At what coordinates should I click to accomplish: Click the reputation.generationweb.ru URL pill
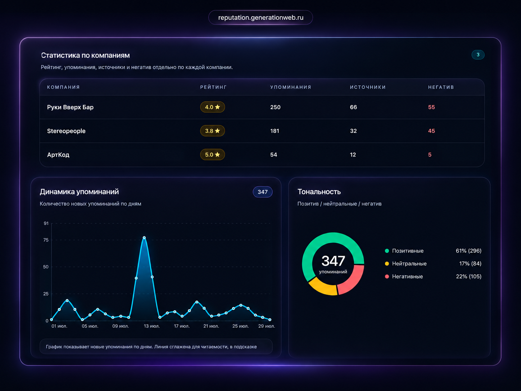coord(260,17)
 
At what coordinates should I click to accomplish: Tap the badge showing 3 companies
coord(478,55)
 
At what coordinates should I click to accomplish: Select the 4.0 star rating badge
coord(212,107)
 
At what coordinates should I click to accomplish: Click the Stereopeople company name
coord(66,131)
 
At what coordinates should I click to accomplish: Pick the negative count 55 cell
coord(431,107)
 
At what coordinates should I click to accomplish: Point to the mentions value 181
coord(275,131)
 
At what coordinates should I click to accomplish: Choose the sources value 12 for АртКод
coord(353,154)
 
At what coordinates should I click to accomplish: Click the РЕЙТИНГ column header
coord(213,87)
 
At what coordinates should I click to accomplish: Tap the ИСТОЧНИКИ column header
coord(368,87)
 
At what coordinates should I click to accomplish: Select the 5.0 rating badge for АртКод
coord(212,154)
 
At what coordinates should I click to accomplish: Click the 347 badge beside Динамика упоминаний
coord(263,192)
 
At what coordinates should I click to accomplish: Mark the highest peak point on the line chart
coord(144,237)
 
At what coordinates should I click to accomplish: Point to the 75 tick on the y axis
coord(46,240)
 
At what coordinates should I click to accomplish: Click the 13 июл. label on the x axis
coord(152,326)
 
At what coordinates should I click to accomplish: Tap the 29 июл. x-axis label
coord(267,326)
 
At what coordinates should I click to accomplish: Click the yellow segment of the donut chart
coord(322,288)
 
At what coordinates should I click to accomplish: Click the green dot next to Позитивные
coord(387,251)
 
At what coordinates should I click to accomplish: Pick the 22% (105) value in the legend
coord(468,277)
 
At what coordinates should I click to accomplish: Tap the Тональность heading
coord(319,192)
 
